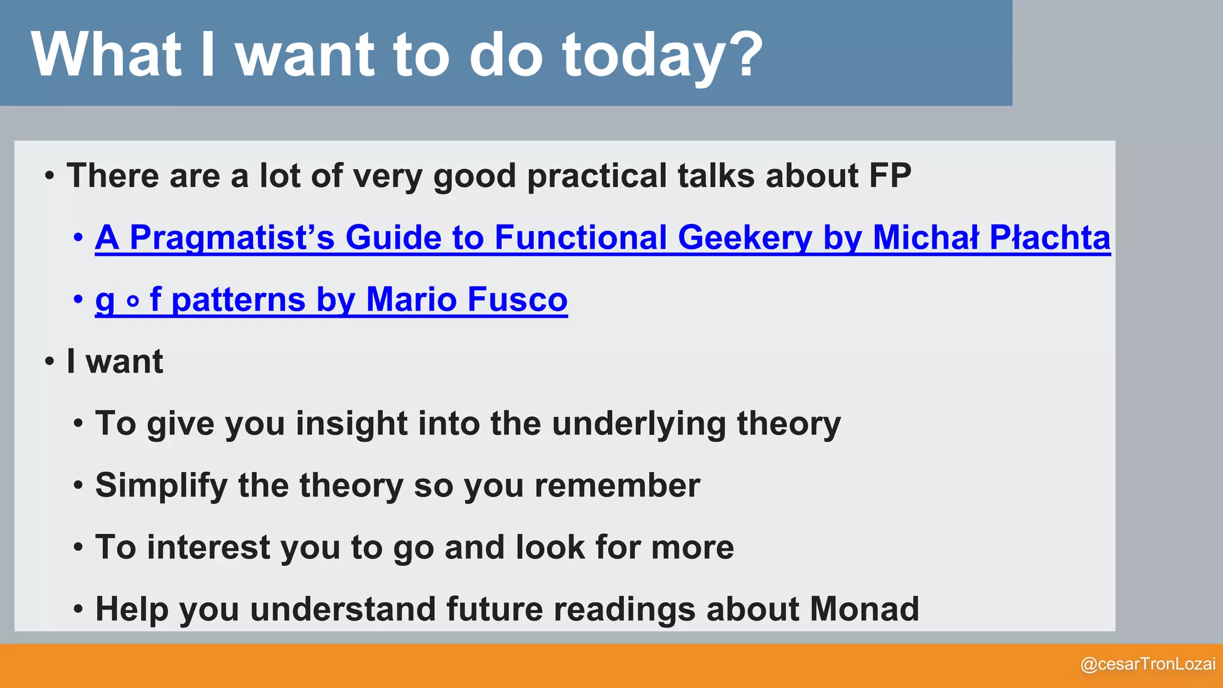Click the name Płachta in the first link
coord(1049,238)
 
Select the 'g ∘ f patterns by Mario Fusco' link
coord(331,300)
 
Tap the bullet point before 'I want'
coord(50,362)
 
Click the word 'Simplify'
coord(161,486)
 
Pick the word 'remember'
coord(617,486)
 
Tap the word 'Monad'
coord(864,610)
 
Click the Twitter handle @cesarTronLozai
coord(1147,664)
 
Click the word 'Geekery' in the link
coord(745,238)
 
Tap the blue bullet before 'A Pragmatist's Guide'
coord(78,238)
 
